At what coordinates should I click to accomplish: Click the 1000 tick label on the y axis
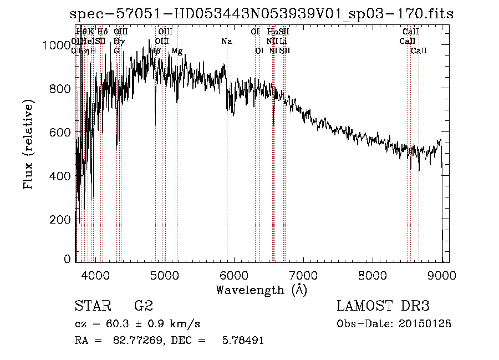coord(57,45)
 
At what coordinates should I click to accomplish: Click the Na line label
coord(226,41)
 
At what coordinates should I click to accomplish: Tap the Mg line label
coord(177,51)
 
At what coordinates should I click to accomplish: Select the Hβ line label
coord(156,51)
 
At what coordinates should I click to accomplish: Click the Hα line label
coord(272,32)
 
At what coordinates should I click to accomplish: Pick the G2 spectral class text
coord(144,306)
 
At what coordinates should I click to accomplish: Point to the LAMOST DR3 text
coord(383,306)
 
